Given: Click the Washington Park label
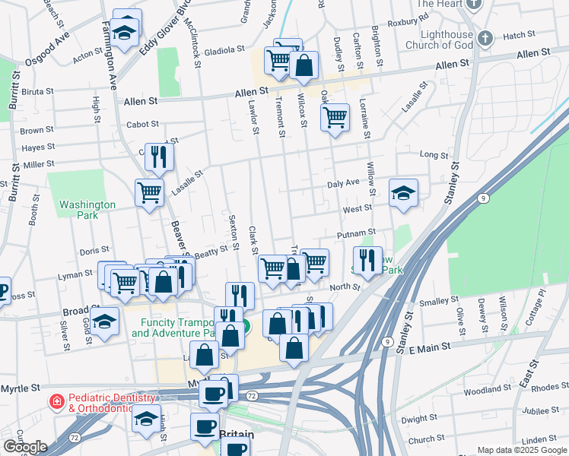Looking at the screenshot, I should click(x=87, y=210).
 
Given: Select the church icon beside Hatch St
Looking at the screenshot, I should click(x=485, y=36).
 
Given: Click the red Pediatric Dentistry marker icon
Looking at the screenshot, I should click(x=56, y=401).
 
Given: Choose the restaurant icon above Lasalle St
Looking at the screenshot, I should click(x=159, y=157).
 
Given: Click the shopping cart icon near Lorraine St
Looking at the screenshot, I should click(x=335, y=117).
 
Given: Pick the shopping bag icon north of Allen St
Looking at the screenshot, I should click(x=304, y=66).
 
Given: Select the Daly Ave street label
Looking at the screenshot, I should click(x=342, y=183).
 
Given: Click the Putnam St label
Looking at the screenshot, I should click(x=361, y=233).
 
